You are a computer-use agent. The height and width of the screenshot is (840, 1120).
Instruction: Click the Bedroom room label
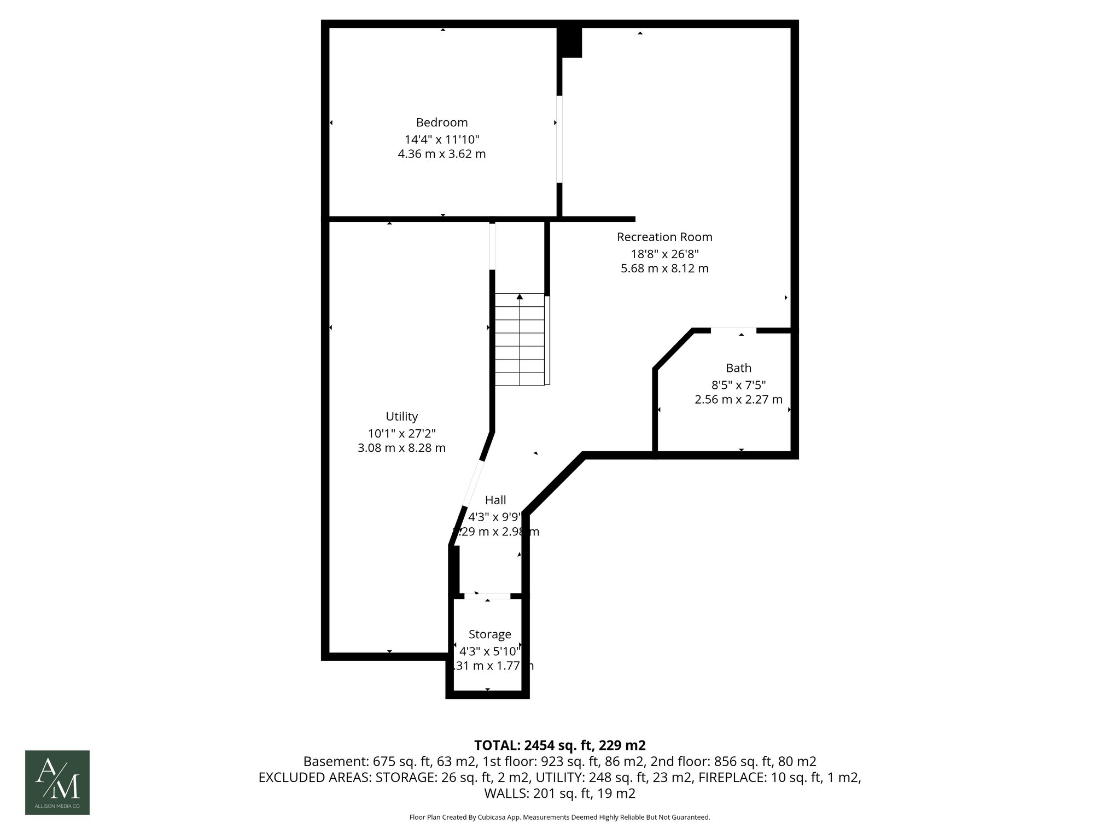click(x=441, y=122)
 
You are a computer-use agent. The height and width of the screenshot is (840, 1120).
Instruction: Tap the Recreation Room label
click(x=664, y=237)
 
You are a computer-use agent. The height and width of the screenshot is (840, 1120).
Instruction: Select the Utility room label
click(x=401, y=416)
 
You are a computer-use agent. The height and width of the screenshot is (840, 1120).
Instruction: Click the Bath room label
click(x=738, y=368)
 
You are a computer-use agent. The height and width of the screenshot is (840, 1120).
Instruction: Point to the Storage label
click(x=489, y=634)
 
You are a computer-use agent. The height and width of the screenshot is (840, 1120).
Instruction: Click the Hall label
click(x=495, y=500)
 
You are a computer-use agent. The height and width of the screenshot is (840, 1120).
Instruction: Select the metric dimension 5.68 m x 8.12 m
click(x=664, y=269)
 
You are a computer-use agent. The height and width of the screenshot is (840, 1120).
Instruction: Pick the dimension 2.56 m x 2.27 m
click(x=738, y=400)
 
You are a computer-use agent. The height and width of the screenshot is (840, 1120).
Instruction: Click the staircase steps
click(x=520, y=345)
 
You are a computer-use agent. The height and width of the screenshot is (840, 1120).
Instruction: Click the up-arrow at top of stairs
click(x=520, y=296)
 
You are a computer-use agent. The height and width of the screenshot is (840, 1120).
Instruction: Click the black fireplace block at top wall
click(x=569, y=42)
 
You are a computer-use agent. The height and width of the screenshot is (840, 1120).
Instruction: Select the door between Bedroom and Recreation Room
click(x=559, y=139)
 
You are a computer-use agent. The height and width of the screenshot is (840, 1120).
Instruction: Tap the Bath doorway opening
click(x=733, y=330)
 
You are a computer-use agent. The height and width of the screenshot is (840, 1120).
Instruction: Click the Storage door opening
click(x=487, y=596)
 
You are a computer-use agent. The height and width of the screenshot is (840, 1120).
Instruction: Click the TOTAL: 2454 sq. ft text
click(x=559, y=745)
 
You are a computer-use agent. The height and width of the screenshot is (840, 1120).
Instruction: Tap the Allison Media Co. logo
click(x=57, y=782)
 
